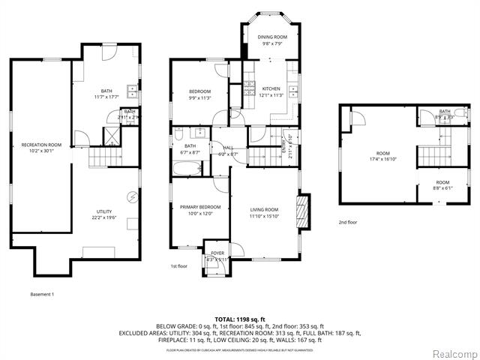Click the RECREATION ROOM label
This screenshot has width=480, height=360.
click(x=41, y=144)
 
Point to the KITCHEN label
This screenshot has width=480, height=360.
click(x=271, y=88)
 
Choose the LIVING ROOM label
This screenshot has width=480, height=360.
click(x=264, y=209)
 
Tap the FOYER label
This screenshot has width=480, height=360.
click(x=217, y=253)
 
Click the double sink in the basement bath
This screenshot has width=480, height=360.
click(x=133, y=91)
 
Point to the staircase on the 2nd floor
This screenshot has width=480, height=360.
click(x=433, y=156)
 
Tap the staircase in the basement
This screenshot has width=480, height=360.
click(x=104, y=158)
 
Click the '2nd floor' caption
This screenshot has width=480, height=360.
click(x=346, y=222)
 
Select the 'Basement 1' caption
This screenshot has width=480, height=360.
click(x=42, y=294)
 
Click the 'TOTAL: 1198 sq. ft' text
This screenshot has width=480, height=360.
click(x=240, y=319)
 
